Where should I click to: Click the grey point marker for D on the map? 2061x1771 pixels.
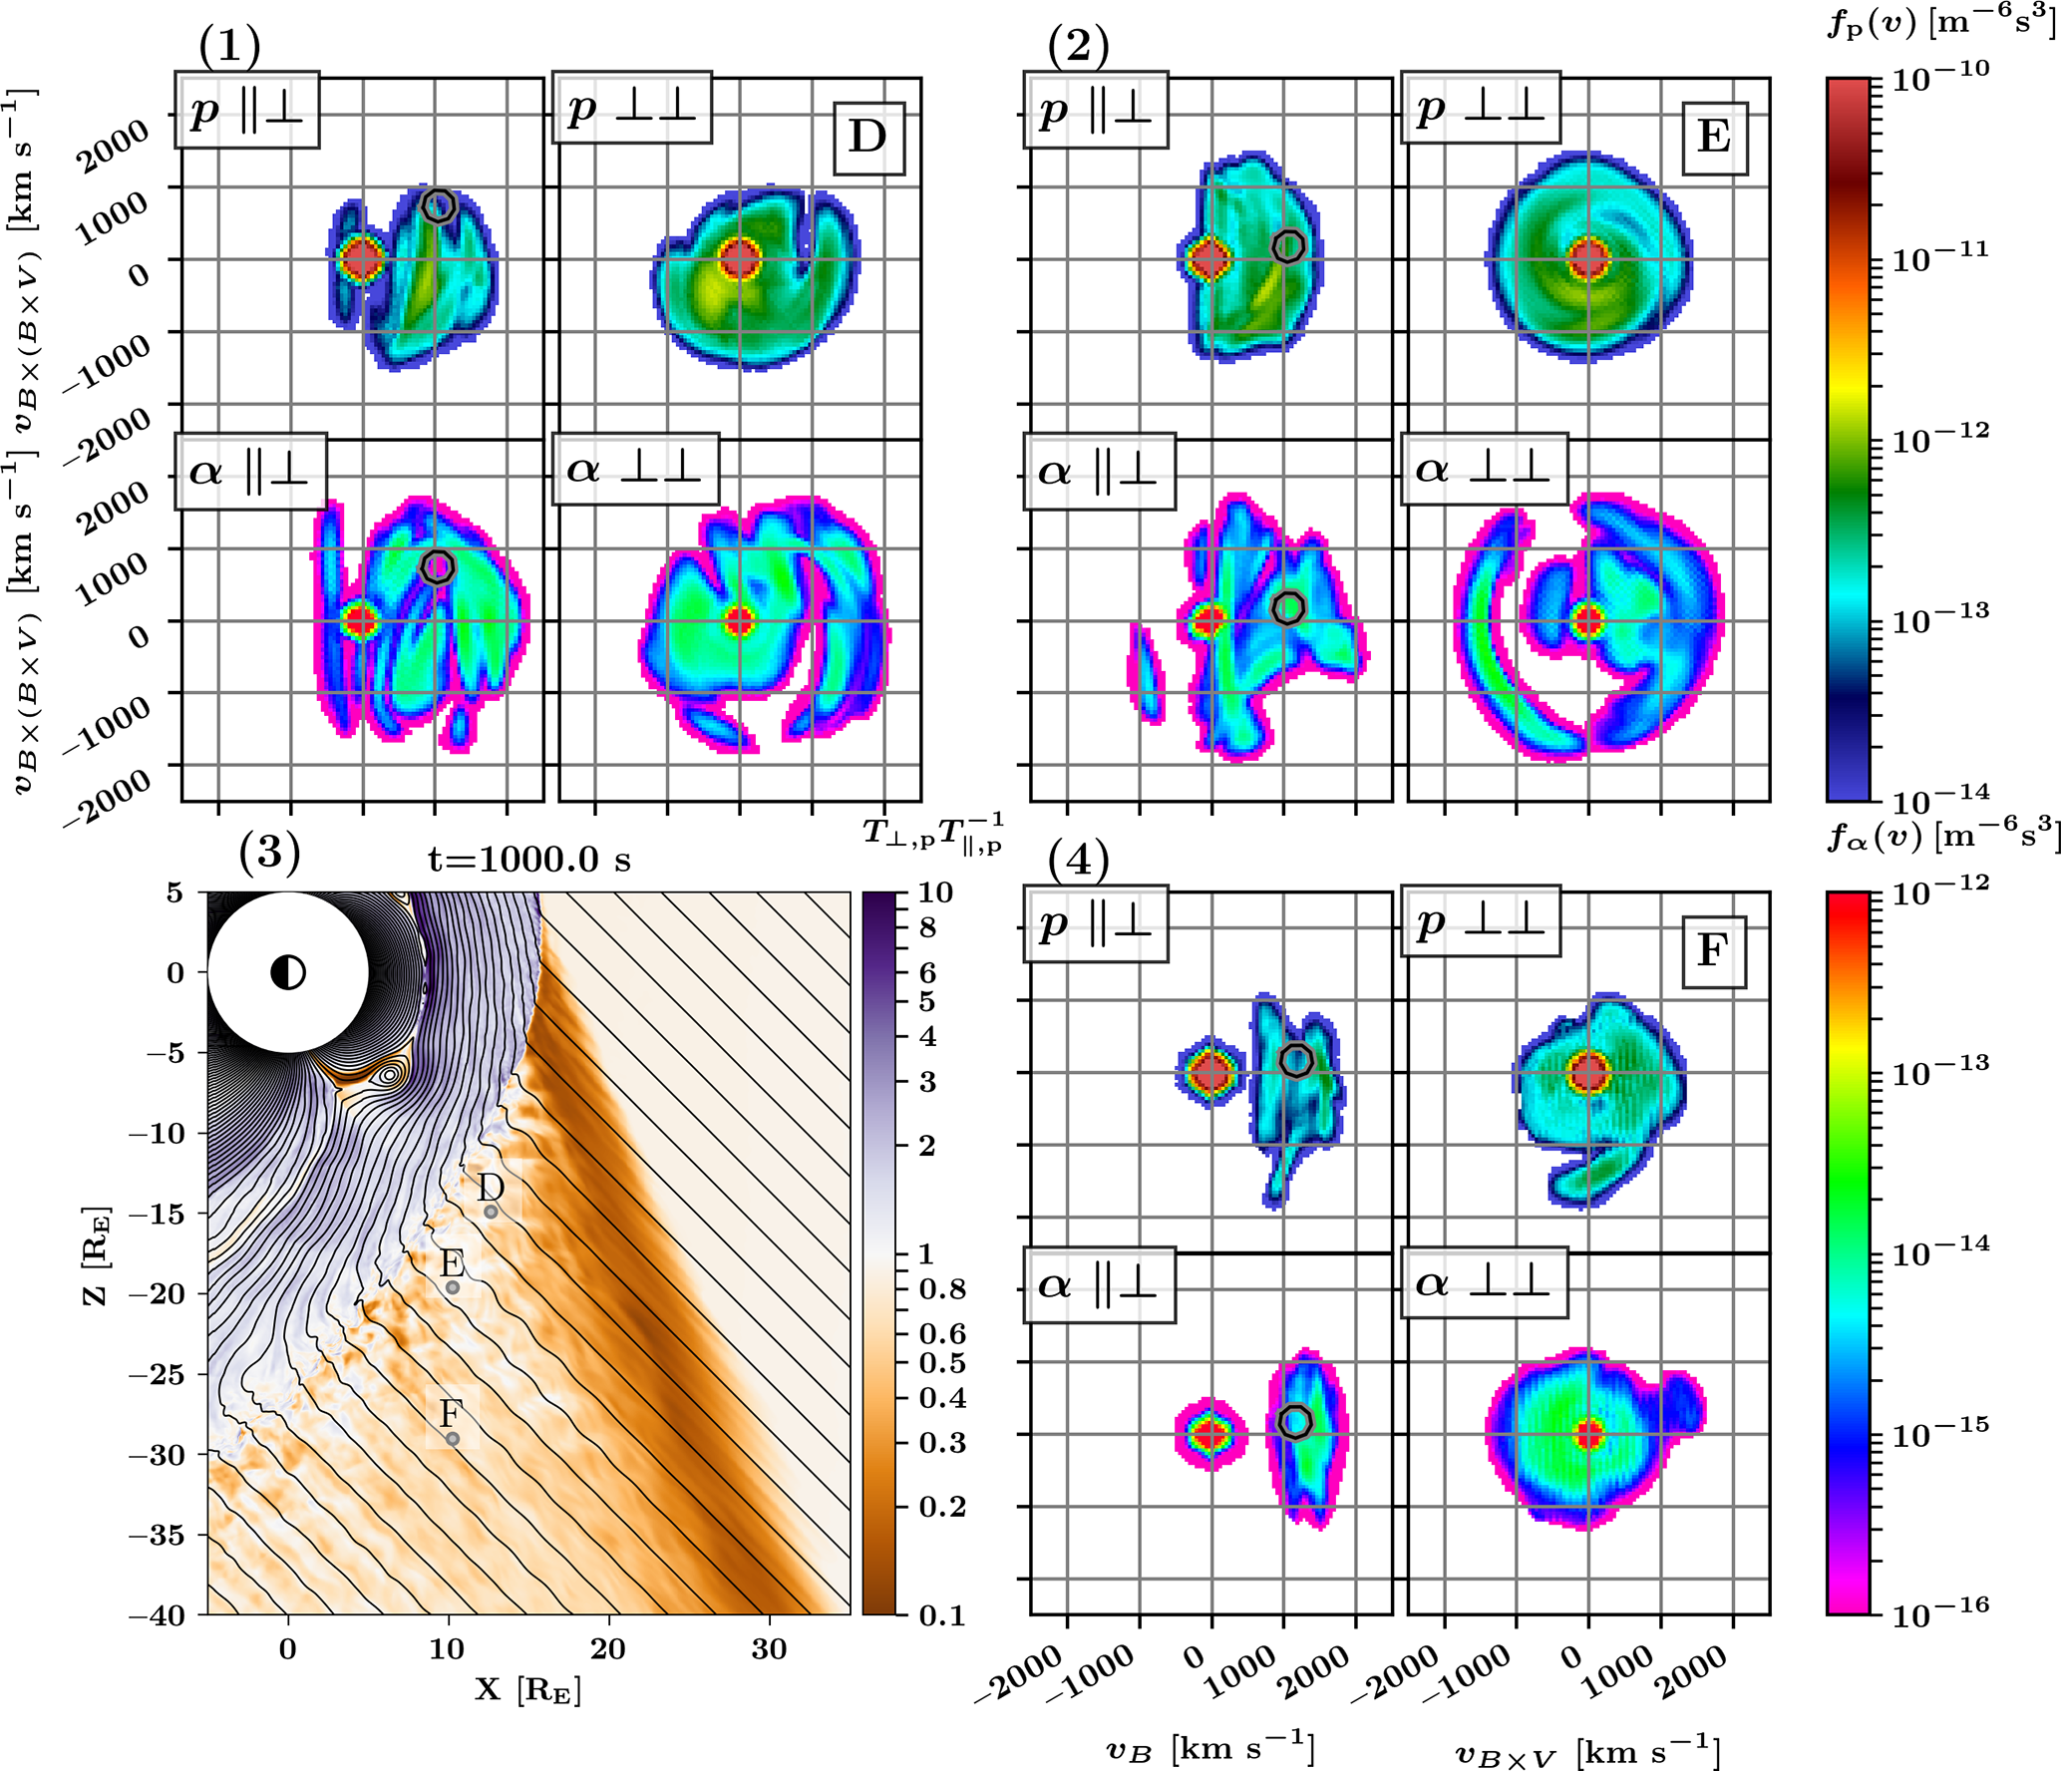coord(491,1212)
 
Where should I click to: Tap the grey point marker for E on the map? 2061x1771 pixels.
coord(453,1287)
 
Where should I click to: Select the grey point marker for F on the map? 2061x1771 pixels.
coord(453,1439)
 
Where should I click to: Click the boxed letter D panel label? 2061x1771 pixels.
coord(868,138)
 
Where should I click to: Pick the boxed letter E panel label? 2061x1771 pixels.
coord(1714,138)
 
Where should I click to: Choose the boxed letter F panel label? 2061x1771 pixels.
coord(1713,951)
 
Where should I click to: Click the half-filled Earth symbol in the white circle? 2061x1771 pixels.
coord(288,971)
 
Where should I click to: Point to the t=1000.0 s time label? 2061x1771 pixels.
coord(529,859)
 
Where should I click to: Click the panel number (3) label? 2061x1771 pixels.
coord(269,853)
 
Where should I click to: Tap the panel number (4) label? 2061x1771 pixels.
coord(1078,859)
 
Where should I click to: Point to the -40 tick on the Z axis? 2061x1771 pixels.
coord(158,1614)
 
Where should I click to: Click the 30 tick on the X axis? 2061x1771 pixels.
coord(769,1649)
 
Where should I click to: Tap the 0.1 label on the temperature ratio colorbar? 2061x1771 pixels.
coord(940,1615)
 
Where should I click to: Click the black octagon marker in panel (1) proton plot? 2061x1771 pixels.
coord(439,205)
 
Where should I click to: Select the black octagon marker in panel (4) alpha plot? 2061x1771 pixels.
coord(1294,1422)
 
